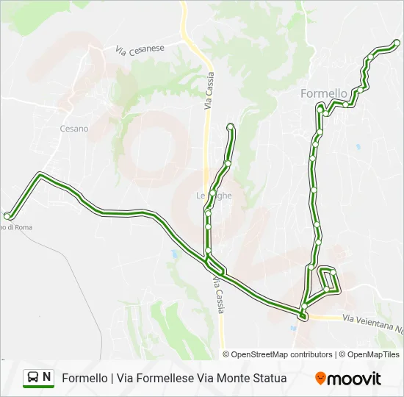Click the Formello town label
[324, 93]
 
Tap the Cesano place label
[73, 129]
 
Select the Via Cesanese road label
[140, 49]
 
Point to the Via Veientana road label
[371, 319]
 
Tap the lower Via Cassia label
[218, 295]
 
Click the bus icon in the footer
[33, 378]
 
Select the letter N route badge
[47, 378]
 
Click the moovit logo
[348, 379]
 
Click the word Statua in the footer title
[270, 379]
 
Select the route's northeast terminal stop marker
[397, 43]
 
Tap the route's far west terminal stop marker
[7, 215]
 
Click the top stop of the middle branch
[231, 126]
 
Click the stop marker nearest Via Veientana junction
[302, 315]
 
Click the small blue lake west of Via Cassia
[173, 254]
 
